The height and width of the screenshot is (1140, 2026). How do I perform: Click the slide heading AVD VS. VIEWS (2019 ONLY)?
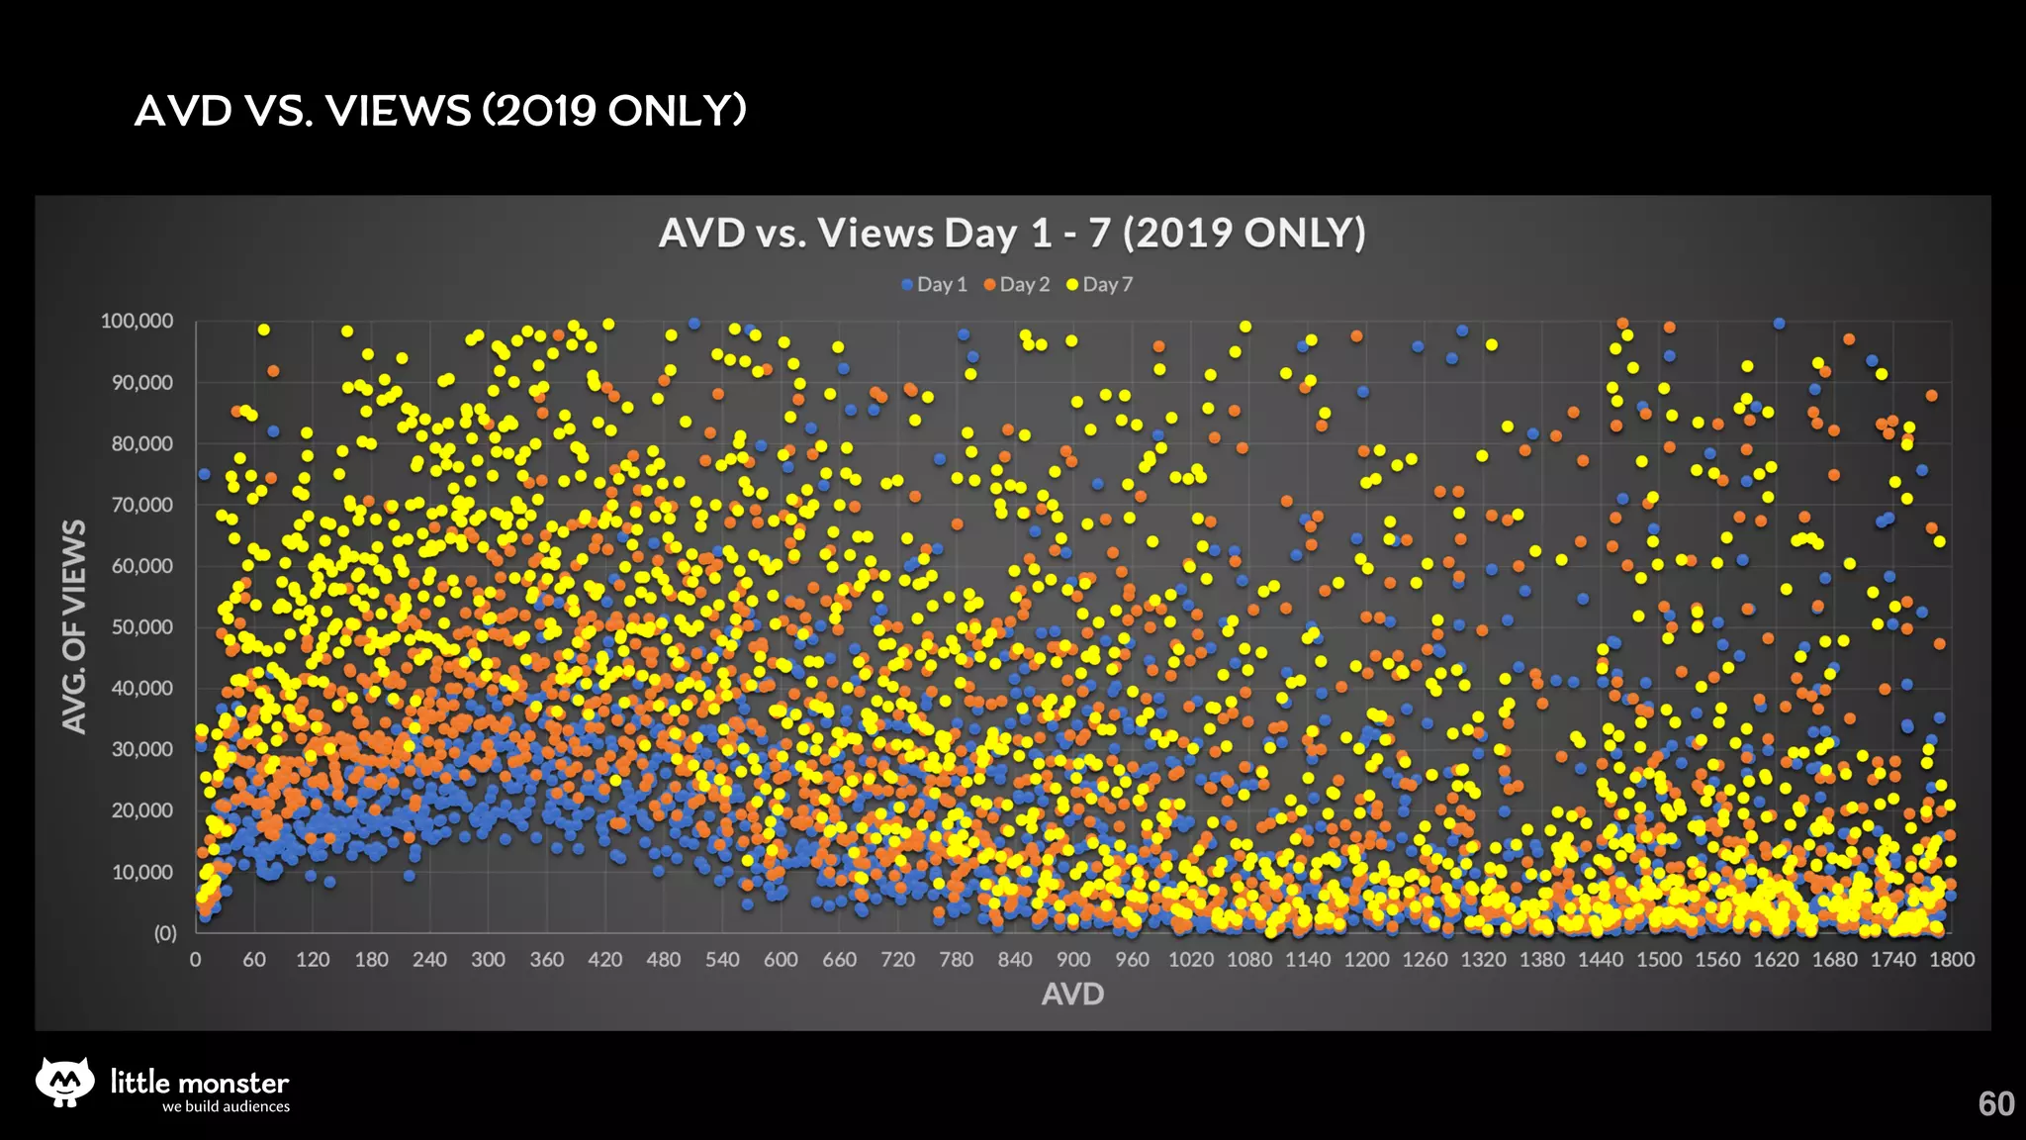tap(440, 111)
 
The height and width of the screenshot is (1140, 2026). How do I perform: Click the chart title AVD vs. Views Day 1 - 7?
tap(1012, 234)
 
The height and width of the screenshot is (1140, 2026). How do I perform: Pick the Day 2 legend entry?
tap(1017, 285)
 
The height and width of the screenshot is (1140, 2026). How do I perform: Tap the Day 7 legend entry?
tap(1099, 285)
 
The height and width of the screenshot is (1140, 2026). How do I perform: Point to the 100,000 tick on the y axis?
tap(137, 322)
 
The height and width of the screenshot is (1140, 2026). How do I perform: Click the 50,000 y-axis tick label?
tap(141, 627)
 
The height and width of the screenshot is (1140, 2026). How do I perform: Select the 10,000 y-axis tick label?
tap(141, 873)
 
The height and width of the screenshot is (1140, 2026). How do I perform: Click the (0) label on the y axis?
tap(164, 933)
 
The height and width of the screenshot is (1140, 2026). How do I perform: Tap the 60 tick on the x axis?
tap(254, 960)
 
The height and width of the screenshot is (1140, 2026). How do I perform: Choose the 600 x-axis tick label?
tap(781, 960)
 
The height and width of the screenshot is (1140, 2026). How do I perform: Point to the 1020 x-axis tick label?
tap(1191, 960)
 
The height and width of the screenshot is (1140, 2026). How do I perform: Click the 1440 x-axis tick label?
tap(1601, 960)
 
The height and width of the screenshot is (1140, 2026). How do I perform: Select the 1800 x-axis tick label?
tap(1951, 960)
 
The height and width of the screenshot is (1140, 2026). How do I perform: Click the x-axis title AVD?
tap(1072, 995)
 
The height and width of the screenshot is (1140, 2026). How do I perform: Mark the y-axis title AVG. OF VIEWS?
tap(74, 626)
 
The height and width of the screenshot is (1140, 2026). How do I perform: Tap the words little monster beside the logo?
tap(199, 1082)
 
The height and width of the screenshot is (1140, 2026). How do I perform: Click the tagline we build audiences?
tap(226, 1107)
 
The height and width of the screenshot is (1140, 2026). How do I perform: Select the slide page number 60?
tap(1995, 1103)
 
